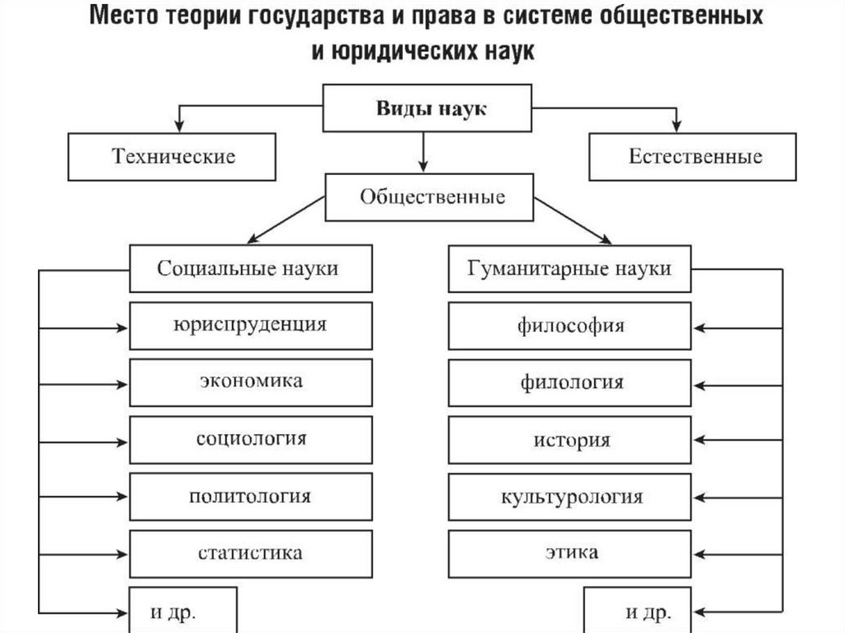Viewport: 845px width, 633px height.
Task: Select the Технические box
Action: point(173,156)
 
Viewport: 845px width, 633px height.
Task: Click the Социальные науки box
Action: point(248,269)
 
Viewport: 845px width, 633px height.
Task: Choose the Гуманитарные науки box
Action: point(569,269)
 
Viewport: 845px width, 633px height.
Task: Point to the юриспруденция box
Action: point(250,324)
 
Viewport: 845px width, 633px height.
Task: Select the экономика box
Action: point(250,381)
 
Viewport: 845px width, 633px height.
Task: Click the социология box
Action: point(250,438)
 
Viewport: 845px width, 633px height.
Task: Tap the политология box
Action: point(250,496)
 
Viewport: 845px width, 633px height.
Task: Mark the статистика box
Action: point(250,553)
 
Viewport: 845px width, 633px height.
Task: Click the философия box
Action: point(570,324)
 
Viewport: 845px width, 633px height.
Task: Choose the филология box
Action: point(570,382)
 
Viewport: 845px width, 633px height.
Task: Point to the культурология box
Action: point(570,497)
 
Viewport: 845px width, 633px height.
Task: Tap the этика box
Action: point(570,553)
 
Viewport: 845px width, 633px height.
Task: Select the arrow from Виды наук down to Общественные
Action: point(422,151)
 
